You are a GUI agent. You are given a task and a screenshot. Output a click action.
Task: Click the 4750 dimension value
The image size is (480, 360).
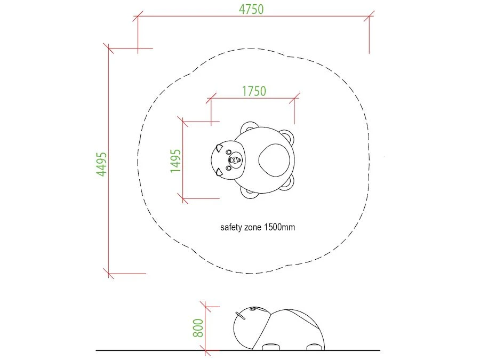click(251, 9)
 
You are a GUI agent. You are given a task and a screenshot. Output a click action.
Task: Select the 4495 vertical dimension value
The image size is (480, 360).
click(102, 164)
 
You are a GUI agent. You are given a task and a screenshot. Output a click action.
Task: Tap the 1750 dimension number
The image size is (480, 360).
click(254, 91)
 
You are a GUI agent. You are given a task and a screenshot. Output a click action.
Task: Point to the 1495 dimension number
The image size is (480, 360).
click(175, 161)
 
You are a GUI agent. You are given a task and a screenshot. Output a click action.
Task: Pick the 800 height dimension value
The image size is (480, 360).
click(198, 328)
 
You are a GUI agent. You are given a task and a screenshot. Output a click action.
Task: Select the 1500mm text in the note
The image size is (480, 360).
click(279, 227)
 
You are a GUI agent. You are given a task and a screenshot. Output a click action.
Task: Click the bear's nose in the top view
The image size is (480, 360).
click(235, 160)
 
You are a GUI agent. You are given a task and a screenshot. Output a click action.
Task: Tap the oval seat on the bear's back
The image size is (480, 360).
click(274, 160)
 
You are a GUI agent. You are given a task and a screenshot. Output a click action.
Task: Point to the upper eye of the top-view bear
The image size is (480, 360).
click(229, 152)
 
